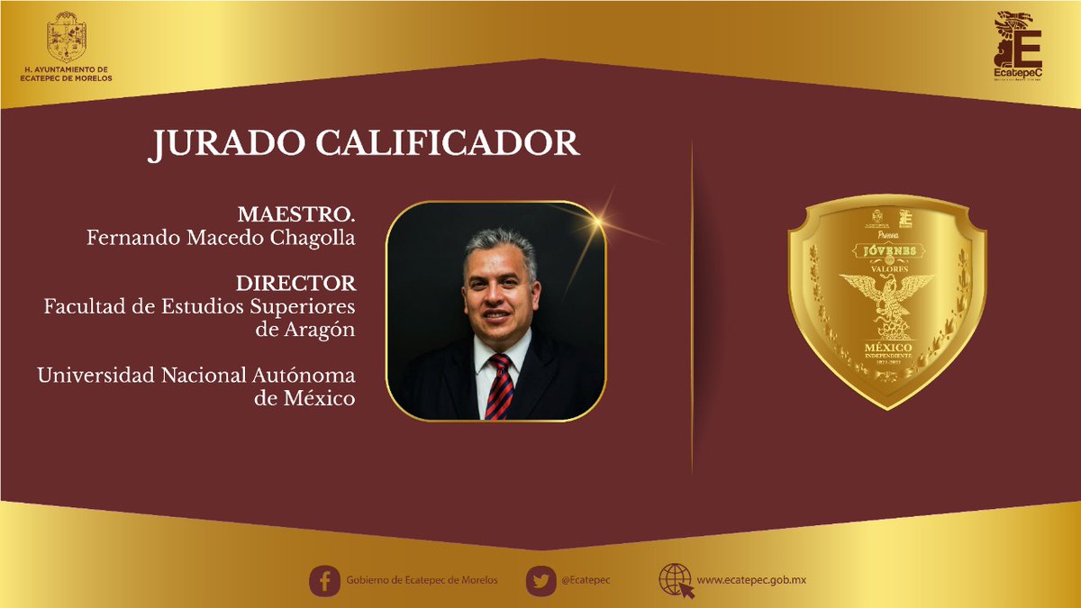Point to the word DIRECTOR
point(295,284)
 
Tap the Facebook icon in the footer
point(324,580)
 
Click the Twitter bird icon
point(540,580)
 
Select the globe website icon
point(676,580)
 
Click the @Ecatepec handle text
point(586,580)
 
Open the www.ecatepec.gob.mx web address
point(751,580)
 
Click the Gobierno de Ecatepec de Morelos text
point(422,580)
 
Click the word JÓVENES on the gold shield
point(887,249)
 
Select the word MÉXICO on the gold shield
point(888,347)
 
